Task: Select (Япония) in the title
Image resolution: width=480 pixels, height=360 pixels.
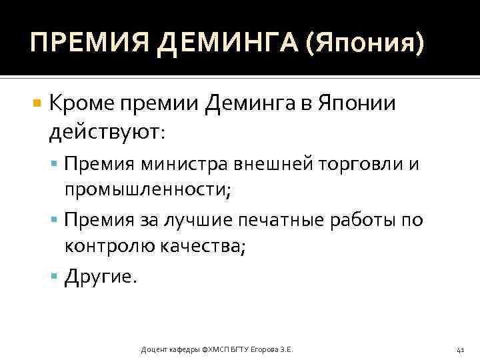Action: click(365, 44)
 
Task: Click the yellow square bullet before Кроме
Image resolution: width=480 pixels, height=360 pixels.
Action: click(37, 104)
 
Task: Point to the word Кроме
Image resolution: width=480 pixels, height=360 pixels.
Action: click(83, 103)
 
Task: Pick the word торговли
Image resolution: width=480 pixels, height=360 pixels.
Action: click(361, 164)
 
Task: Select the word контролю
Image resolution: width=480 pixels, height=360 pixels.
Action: click(109, 247)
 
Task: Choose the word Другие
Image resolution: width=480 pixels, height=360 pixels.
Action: click(101, 277)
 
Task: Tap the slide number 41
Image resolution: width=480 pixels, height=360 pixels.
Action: click(460, 349)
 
